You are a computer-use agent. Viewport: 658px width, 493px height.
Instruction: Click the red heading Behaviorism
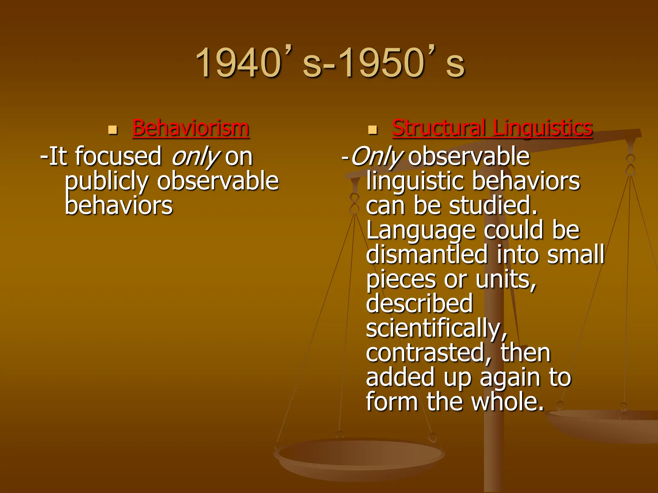click(x=191, y=128)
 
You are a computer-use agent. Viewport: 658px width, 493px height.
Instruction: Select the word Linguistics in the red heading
click(x=543, y=128)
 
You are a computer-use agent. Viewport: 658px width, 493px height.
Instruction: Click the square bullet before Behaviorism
click(x=112, y=130)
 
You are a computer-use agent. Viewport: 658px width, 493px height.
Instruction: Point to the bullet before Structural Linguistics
click(x=372, y=130)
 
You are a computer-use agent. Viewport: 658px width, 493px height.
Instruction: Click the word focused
click(x=118, y=156)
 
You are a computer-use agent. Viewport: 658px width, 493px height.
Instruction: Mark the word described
click(x=419, y=303)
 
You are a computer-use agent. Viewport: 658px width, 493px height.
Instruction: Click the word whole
click(x=508, y=402)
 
